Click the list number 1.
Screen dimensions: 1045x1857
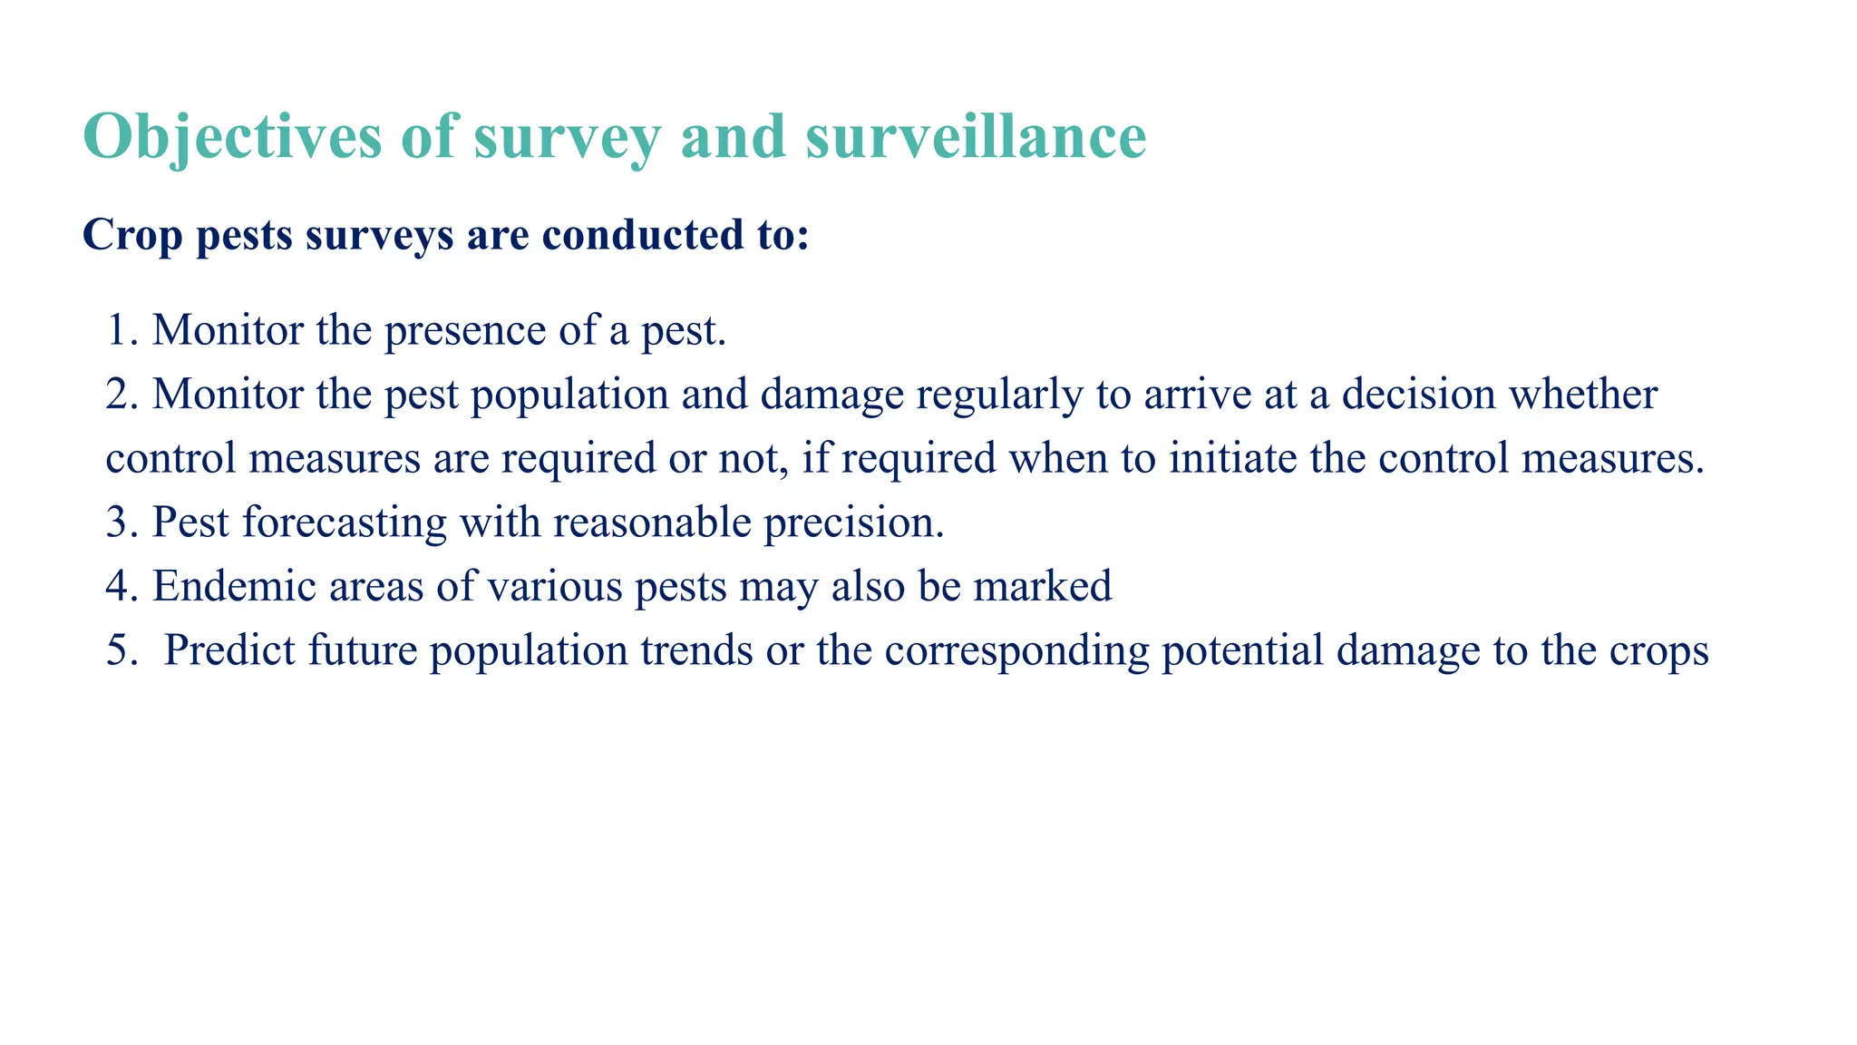point(119,330)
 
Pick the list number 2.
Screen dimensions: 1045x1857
point(119,395)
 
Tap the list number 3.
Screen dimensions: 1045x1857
point(119,522)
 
